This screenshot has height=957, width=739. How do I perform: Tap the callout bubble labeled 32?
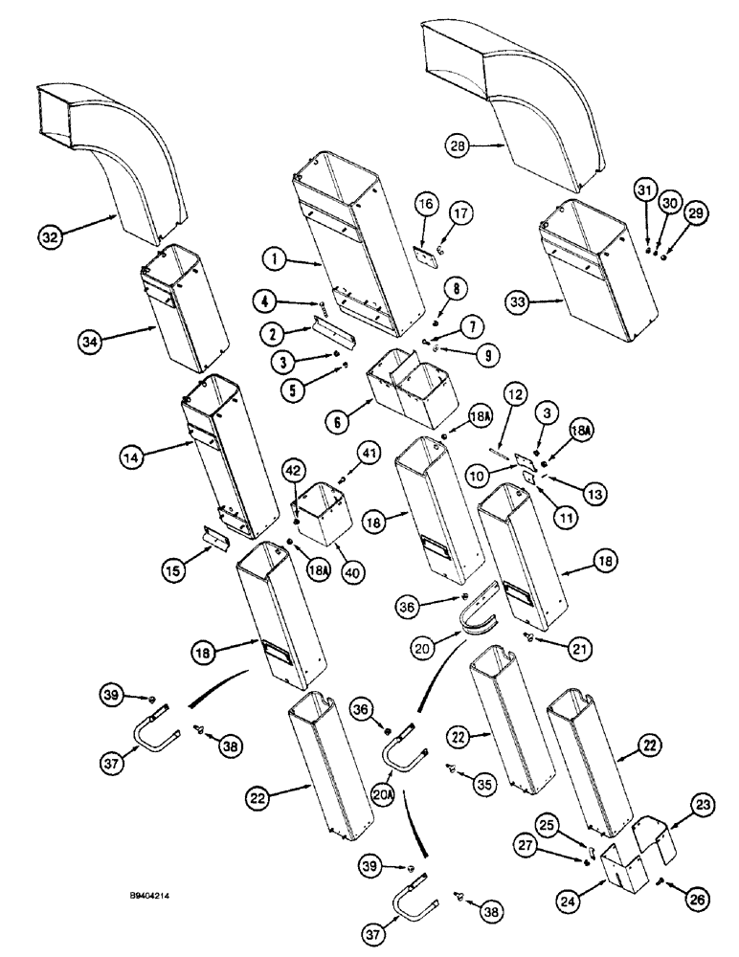[52, 234]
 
